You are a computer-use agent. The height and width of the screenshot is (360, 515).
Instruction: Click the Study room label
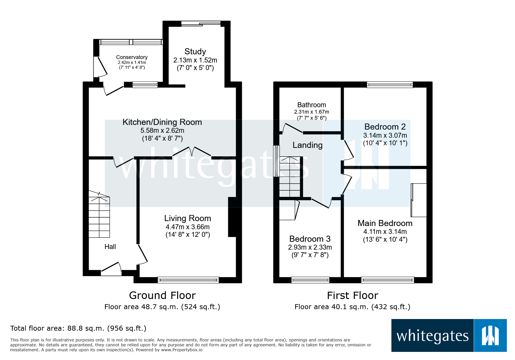tap(195, 51)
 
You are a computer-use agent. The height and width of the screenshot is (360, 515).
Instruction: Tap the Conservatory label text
tap(132, 57)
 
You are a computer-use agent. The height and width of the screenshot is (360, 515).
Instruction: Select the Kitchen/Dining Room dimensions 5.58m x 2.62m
tap(162, 130)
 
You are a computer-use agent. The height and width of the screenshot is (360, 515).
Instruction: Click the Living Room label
tap(188, 218)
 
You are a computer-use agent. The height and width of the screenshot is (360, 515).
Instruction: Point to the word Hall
tap(110, 247)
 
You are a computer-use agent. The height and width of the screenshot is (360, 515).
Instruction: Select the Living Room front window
tap(188, 280)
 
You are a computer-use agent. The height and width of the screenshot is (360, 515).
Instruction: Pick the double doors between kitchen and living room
tap(192, 152)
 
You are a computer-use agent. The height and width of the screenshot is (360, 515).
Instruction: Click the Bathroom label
tap(311, 105)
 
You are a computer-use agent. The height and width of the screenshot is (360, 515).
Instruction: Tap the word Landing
tap(307, 145)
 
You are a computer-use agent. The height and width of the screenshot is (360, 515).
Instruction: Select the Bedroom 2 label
tap(385, 127)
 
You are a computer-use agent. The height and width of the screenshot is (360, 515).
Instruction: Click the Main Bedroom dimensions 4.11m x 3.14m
tap(385, 232)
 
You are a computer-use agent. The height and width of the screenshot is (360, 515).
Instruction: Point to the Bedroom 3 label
tap(310, 239)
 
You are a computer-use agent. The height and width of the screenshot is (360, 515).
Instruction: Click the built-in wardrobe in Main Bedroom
tap(419, 200)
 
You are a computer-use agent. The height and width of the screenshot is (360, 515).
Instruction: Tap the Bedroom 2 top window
tap(390, 85)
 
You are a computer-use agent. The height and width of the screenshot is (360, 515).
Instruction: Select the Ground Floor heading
tap(162, 295)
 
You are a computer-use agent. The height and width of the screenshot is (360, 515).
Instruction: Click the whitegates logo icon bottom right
tap(490, 336)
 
